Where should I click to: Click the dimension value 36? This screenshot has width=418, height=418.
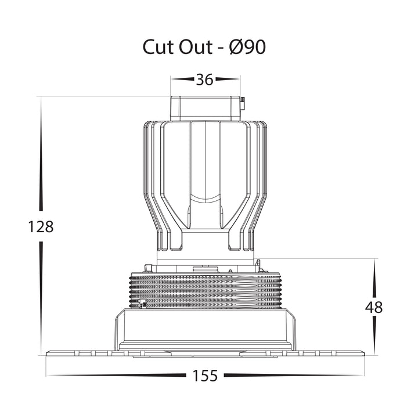205,80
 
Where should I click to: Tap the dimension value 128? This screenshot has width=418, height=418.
41,227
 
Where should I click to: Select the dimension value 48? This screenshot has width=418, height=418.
374,307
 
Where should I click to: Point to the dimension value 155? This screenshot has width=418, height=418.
205,376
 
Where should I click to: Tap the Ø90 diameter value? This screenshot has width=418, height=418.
247,47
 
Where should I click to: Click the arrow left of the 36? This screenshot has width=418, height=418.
183,79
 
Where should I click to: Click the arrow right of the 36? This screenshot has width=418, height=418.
227,79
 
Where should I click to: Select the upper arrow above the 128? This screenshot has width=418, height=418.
41,154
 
